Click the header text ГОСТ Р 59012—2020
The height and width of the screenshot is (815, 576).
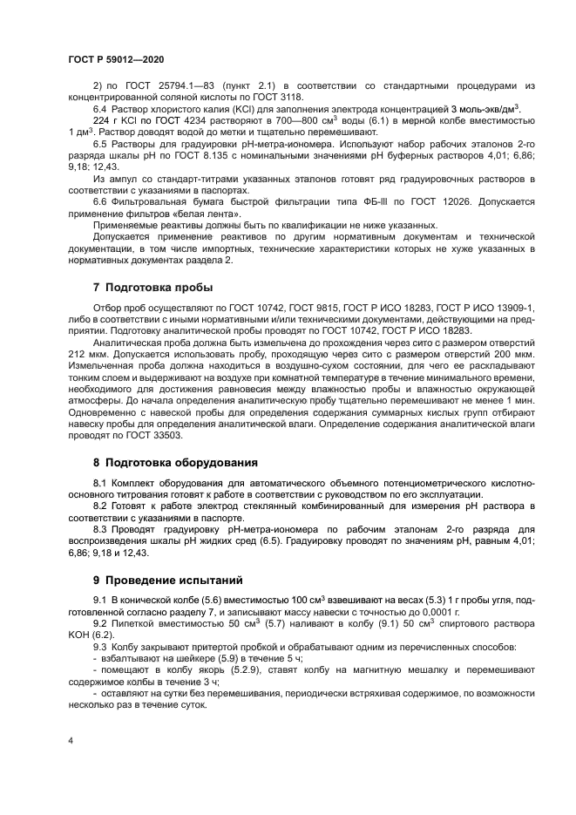point(116,58)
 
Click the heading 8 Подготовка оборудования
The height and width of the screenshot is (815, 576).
point(174,462)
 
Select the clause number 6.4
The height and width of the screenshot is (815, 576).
point(101,108)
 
